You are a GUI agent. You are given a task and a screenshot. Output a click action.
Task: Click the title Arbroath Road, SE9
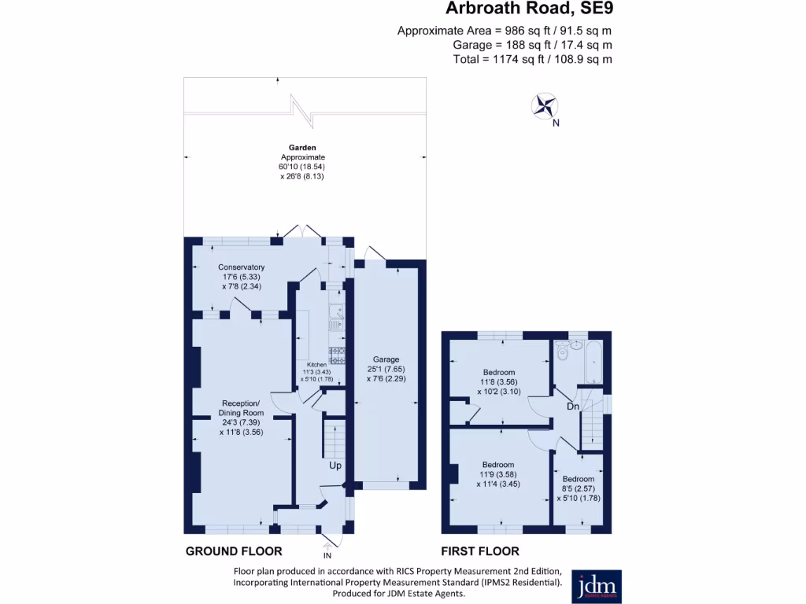point(529,9)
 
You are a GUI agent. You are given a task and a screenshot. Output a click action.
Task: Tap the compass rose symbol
point(544,107)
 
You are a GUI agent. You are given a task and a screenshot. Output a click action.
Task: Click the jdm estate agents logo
point(596,586)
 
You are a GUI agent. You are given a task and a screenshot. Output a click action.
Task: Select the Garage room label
point(386,359)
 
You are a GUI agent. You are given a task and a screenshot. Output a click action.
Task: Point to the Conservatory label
point(241,267)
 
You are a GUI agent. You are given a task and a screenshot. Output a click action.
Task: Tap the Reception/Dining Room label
point(241,407)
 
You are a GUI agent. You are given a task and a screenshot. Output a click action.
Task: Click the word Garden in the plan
point(301,147)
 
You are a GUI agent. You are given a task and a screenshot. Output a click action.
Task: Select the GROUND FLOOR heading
point(234,551)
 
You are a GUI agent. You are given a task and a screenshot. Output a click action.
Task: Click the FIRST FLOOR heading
point(480,551)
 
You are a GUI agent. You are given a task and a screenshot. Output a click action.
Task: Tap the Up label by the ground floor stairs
point(335,466)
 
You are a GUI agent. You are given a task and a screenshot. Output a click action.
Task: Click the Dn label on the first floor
point(573,407)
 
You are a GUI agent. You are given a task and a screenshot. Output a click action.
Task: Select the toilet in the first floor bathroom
point(561,352)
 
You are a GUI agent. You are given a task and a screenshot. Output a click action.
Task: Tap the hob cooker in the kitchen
point(338,355)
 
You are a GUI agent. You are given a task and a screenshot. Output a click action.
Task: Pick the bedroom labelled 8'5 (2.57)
point(578,488)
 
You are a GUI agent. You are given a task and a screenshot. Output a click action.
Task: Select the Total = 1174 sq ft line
point(533,59)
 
